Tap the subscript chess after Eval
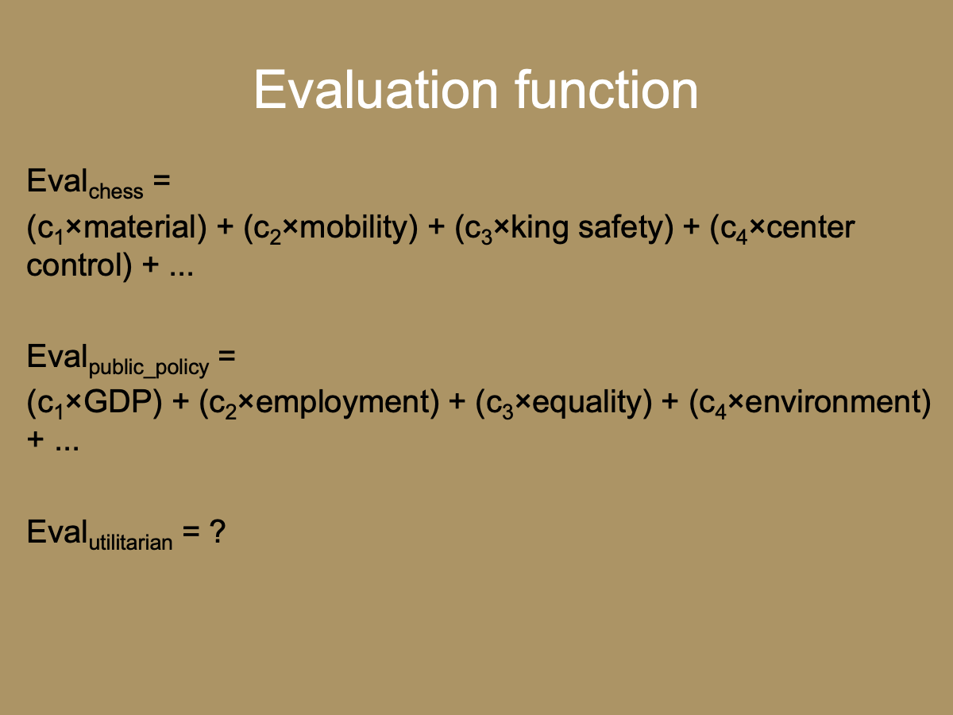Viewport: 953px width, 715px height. (x=116, y=192)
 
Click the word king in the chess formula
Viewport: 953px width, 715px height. (x=540, y=228)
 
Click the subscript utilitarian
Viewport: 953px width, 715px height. (x=129, y=543)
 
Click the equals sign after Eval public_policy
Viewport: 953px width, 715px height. (x=227, y=357)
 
